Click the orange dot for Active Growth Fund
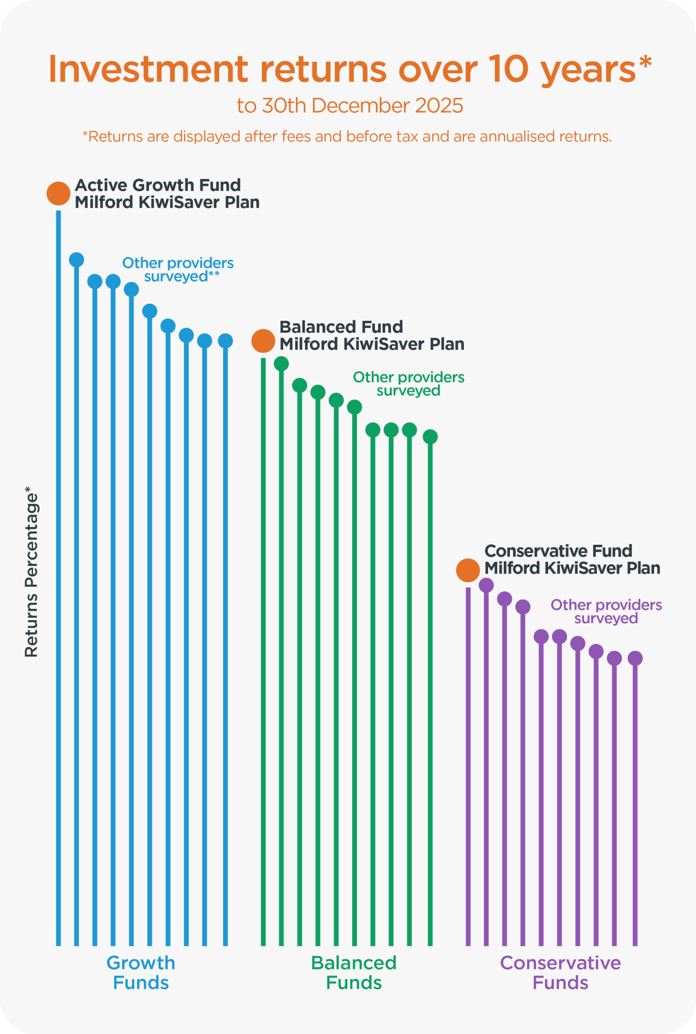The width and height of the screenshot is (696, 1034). (x=58, y=193)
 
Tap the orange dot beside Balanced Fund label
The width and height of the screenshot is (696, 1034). (x=263, y=341)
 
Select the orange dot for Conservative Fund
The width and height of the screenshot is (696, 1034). (x=468, y=570)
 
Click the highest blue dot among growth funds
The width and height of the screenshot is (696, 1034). (x=77, y=260)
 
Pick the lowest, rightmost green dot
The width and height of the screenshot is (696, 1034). (x=430, y=437)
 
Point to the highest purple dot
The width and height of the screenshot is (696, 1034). (x=486, y=585)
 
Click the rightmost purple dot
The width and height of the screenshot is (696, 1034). (x=635, y=658)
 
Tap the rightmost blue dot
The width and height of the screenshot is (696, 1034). (x=226, y=341)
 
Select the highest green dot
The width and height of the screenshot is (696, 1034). (x=281, y=364)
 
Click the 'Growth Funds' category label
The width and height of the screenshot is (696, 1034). (x=141, y=972)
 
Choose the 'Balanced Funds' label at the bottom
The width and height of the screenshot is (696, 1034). (x=354, y=972)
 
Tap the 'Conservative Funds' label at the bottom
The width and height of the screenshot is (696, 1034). (x=560, y=972)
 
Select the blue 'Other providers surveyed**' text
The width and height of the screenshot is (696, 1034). (x=178, y=269)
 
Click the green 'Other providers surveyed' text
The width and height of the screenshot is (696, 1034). (x=409, y=384)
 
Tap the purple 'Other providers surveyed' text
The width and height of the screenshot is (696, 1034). (x=606, y=612)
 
